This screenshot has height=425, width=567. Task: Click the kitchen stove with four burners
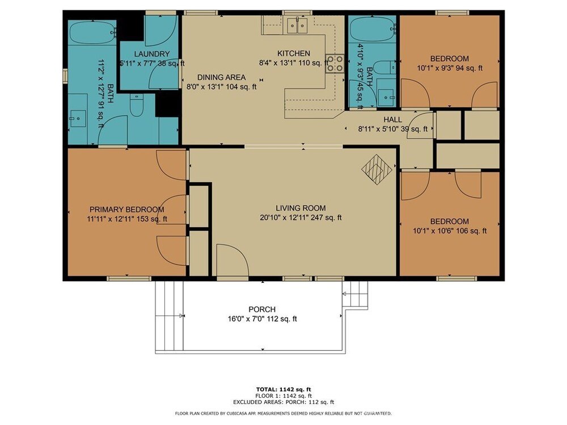point(335,63)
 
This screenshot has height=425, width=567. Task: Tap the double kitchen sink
point(297,25)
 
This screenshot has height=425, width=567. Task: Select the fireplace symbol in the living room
point(377,169)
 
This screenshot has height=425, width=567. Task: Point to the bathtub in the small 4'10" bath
point(372,30)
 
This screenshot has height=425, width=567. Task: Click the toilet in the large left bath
point(137,105)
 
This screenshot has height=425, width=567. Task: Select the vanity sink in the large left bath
point(77,119)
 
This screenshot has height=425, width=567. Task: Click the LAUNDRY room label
point(152,54)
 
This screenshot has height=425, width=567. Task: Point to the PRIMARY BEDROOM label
point(127,209)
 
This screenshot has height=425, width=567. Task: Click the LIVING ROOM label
point(301,208)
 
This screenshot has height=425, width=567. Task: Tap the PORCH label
point(262,309)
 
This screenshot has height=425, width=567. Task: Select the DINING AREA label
point(221,77)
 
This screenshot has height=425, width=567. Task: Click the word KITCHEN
point(294,53)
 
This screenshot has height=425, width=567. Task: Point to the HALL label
point(393,120)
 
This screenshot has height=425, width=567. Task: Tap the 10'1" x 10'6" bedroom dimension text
point(450,231)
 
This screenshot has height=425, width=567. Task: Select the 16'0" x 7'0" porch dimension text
point(262,318)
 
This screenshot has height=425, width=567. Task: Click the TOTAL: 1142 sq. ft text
point(283,390)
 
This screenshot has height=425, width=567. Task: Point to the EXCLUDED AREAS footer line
point(283,402)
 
